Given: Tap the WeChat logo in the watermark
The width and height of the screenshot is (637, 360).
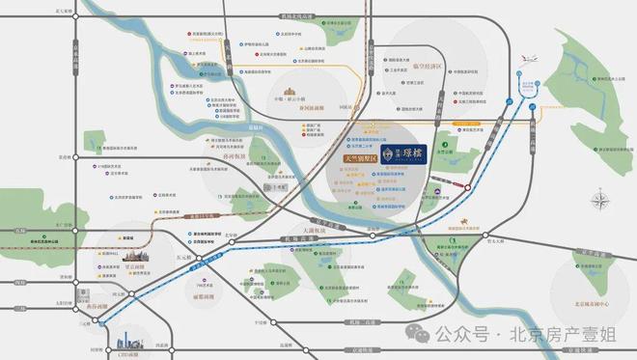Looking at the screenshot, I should [415, 334].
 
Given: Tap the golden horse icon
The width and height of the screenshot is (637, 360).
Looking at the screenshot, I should [503, 218].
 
